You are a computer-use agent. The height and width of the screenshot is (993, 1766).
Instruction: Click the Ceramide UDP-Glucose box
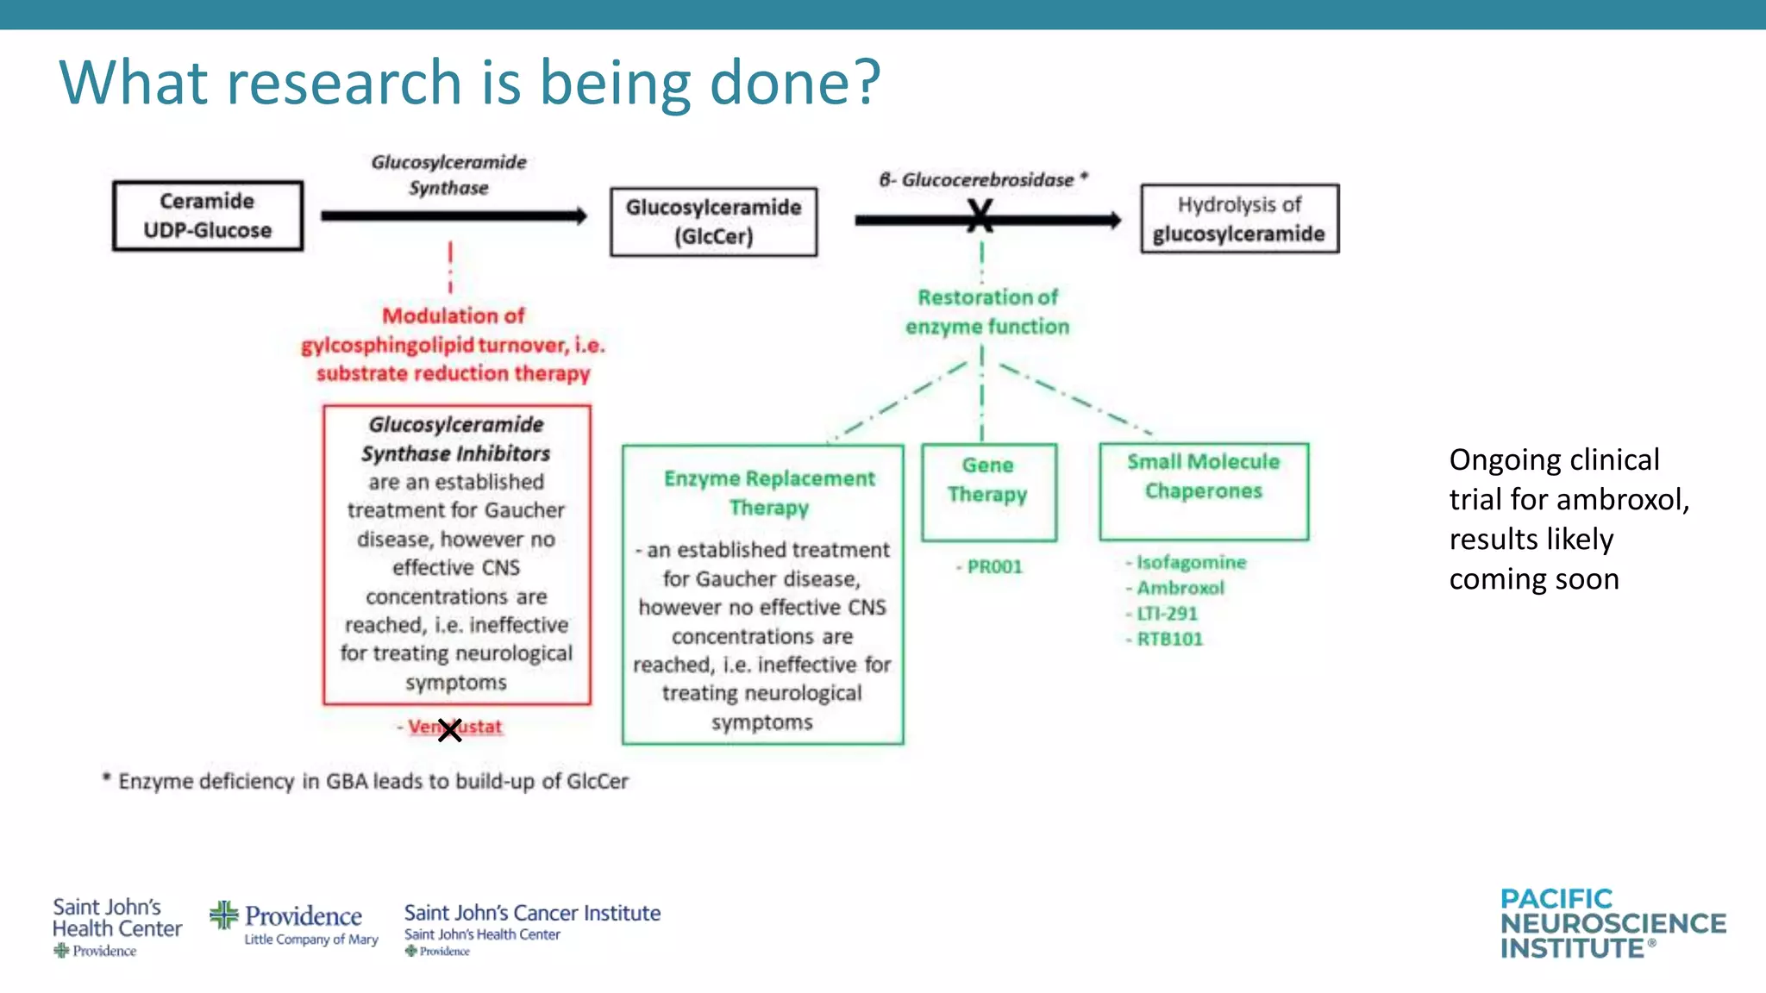pyautogui.click(x=208, y=216)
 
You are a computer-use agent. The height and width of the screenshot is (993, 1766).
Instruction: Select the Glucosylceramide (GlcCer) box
pyautogui.click(x=713, y=222)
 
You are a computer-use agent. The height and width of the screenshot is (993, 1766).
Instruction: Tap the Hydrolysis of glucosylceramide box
pyautogui.click(x=1239, y=219)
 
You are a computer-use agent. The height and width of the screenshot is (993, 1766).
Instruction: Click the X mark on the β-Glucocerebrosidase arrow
pyautogui.click(x=980, y=216)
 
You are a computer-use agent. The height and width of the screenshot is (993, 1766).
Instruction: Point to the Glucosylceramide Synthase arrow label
pyautogui.click(x=448, y=175)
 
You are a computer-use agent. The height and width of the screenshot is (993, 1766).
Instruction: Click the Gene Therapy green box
pyautogui.click(x=988, y=491)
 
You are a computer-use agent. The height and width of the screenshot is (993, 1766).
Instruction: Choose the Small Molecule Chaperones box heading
pyautogui.click(x=1203, y=476)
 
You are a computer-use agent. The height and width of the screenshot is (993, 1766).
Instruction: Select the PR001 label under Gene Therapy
pyautogui.click(x=993, y=567)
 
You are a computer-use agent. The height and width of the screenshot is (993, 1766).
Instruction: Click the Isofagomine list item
pyautogui.click(x=1190, y=563)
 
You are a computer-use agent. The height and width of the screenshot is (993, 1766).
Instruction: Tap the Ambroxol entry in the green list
pyautogui.click(x=1180, y=588)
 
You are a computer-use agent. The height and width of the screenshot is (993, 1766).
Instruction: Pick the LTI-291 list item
pyautogui.click(x=1167, y=614)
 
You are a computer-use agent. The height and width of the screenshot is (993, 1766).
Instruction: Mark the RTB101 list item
pyautogui.click(x=1169, y=639)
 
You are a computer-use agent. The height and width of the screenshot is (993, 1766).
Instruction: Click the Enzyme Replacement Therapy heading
pyautogui.click(x=769, y=492)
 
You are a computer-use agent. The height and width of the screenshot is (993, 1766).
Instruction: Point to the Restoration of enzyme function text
pyautogui.click(x=987, y=312)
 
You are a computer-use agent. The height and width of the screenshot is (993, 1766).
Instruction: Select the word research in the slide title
pyautogui.click(x=346, y=83)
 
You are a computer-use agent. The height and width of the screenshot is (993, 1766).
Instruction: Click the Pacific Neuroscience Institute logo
pyautogui.click(x=1613, y=924)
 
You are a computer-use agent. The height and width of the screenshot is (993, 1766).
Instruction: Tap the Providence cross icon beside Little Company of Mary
pyautogui.click(x=224, y=915)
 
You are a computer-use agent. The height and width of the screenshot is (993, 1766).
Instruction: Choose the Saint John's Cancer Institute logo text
pyautogui.click(x=532, y=913)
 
